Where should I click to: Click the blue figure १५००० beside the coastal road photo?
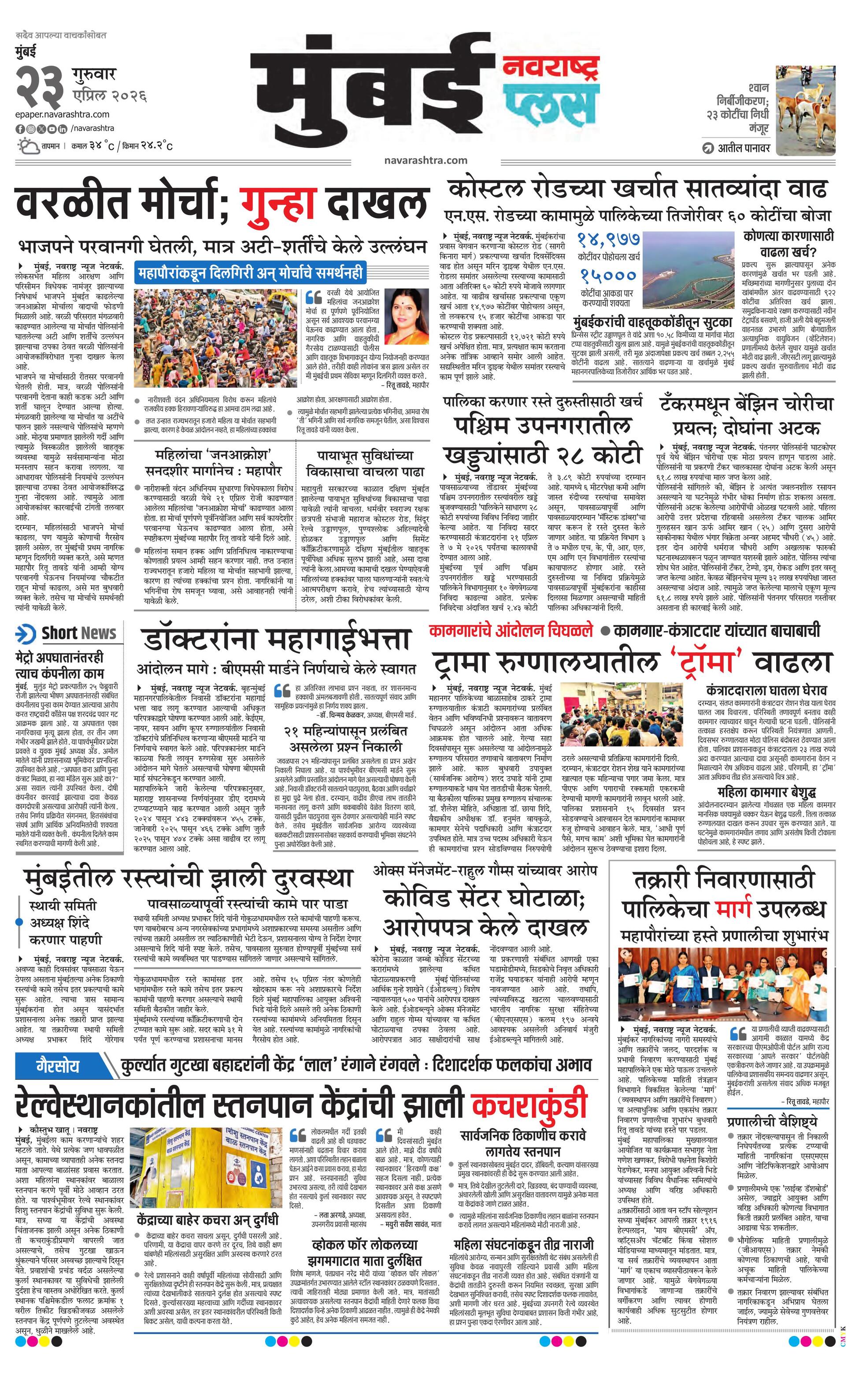click(x=608, y=275)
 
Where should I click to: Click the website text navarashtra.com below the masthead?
click(x=425, y=160)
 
